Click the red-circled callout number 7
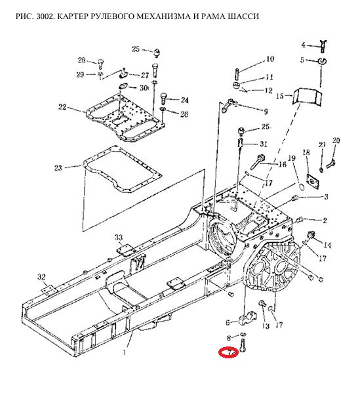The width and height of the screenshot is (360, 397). (230, 352)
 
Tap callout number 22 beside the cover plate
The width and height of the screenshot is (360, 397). (62, 107)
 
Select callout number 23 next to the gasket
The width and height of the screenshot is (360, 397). (58, 168)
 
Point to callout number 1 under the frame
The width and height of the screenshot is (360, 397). (124, 352)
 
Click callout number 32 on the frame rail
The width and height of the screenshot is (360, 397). (41, 277)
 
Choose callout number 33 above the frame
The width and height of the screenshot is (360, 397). (119, 238)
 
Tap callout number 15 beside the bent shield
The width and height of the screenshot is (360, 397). (280, 96)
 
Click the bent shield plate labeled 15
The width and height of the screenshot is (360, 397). (308, 96)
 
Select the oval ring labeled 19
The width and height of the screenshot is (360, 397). (301, 186)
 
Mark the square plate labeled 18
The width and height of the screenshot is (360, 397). (313, 181)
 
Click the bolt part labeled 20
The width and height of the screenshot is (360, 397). (330, 163)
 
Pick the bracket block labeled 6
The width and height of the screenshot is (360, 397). (247, 319)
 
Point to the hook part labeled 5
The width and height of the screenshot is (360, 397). (322, 61)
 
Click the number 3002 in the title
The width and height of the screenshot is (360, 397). (45, 16)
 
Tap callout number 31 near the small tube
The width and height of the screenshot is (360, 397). (264, 144)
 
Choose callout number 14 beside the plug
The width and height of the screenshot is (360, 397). (327, 245)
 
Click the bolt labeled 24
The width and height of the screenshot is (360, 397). (164, 98)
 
